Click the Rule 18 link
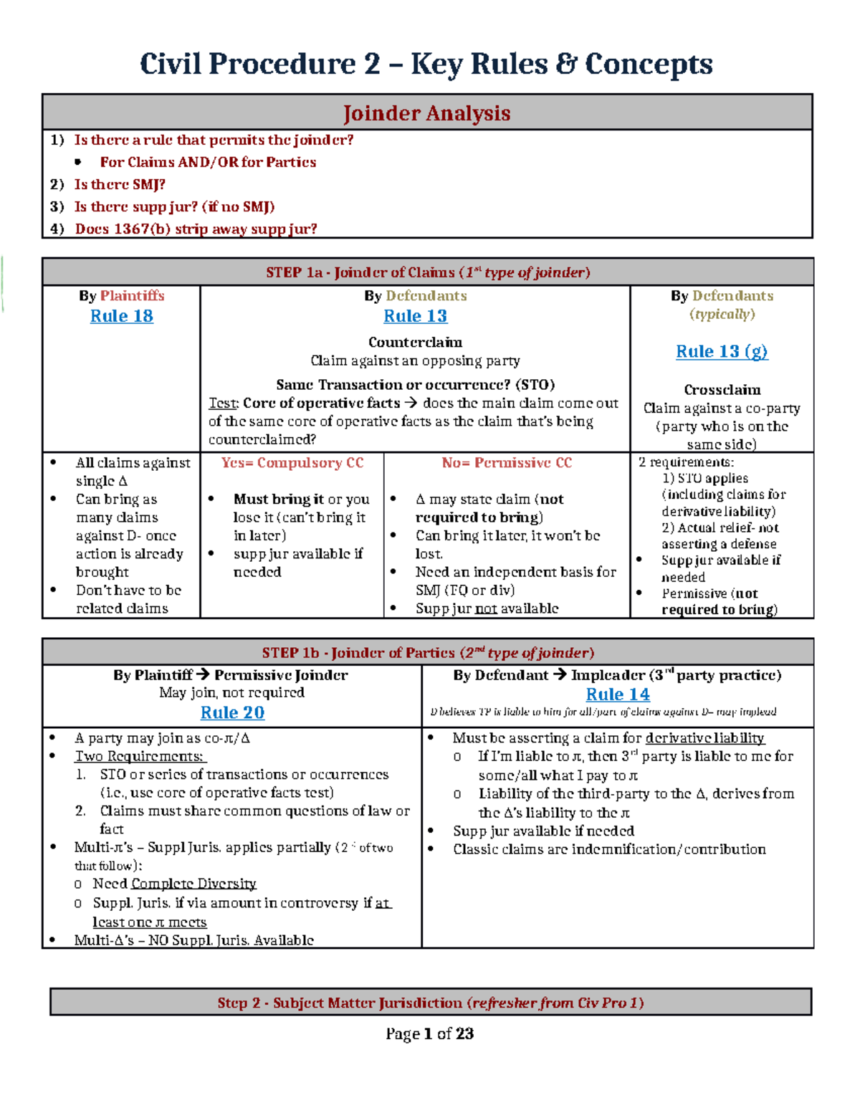tap(121, 316)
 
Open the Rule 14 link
tap(618, 694)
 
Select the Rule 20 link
tap(232, 712)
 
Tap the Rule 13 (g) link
tap(722, 351)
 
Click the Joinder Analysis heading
tap(426, 113)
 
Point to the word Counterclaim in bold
tap(415, 342)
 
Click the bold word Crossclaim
tap(722, 390)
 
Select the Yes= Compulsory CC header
tap(292, 463)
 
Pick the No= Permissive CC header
tap(507, 463)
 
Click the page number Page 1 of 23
tap(429, 1033)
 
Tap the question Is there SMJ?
tap(120, 184)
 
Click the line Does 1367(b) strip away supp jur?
tap(196, 229)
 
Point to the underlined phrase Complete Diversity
tap(193, 884)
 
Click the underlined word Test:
tap(223, 403)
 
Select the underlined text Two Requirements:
tap(140, 756)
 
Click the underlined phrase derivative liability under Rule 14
tap(704, 737)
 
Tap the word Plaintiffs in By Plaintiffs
tap(132, 295)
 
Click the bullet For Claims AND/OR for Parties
tap(208, 162)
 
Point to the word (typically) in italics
tap(722, 314)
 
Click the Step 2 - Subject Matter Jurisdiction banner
tap(430, 1003)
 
